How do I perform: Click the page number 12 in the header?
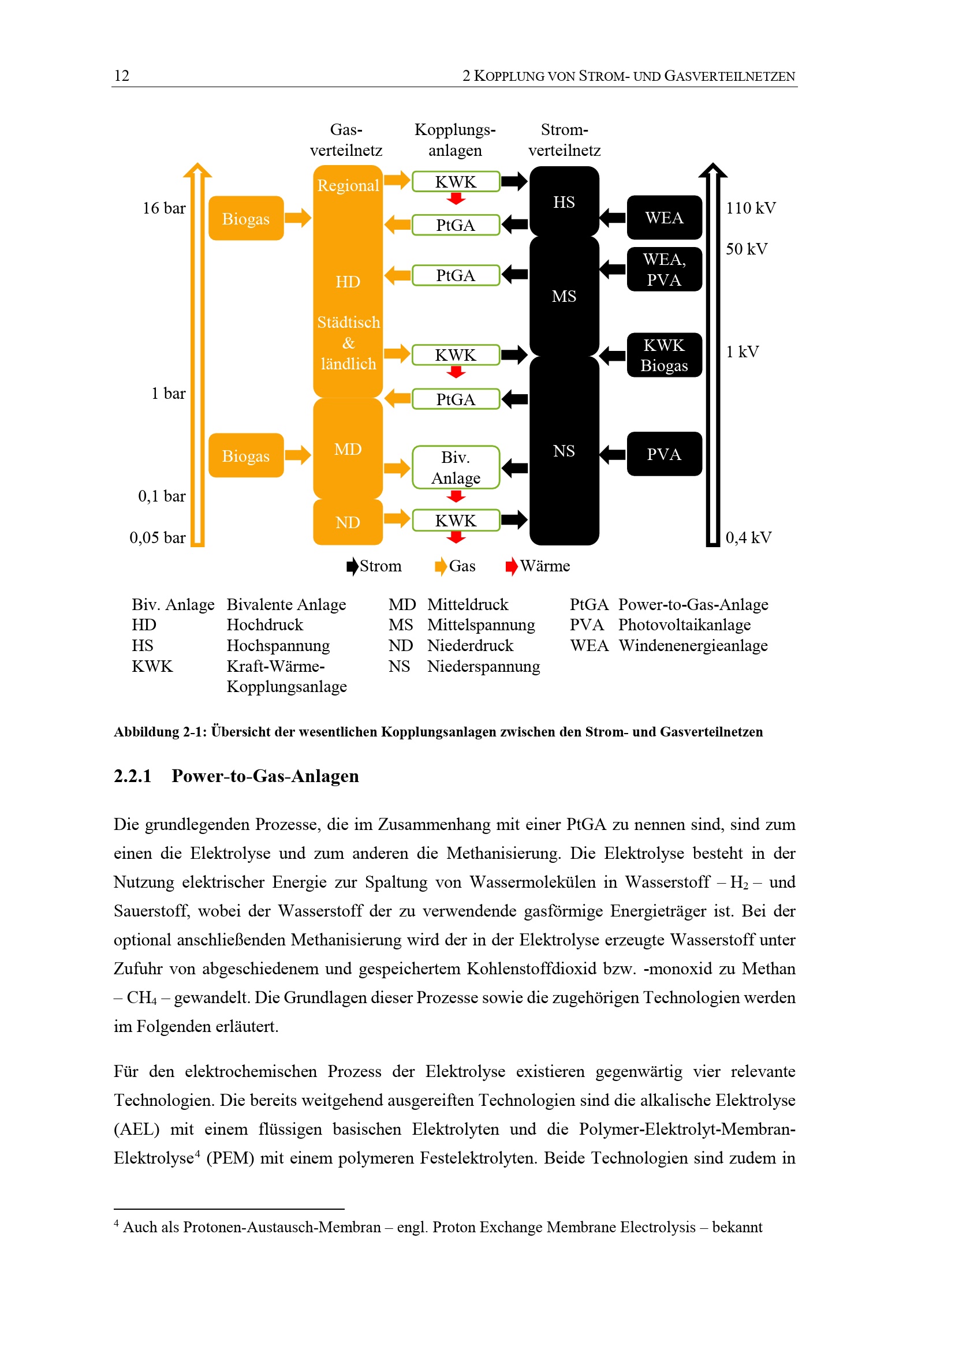pos(122,76)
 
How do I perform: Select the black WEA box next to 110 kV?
pos(664,218)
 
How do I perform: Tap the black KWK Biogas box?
pos(664,355)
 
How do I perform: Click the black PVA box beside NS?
pos(664,454)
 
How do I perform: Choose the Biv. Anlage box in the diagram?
pos(456,468)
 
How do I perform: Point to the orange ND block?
pos(348,522)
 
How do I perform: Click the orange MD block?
pos(348,449)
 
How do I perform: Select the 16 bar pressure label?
pos(163,208)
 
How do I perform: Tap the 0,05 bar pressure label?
pos(157,537)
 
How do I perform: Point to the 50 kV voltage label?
pos(746,249)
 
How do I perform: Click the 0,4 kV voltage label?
pos(748,537)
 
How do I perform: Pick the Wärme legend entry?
pos(544,566)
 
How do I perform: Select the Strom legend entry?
pos(380,566)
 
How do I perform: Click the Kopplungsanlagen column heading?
pos(455,140)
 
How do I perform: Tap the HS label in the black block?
pos(564,202)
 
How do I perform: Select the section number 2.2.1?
pos(132,776)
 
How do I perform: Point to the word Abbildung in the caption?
pos(146,732)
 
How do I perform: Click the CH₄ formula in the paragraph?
pos(141,998)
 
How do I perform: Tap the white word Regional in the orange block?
pos(348,185)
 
